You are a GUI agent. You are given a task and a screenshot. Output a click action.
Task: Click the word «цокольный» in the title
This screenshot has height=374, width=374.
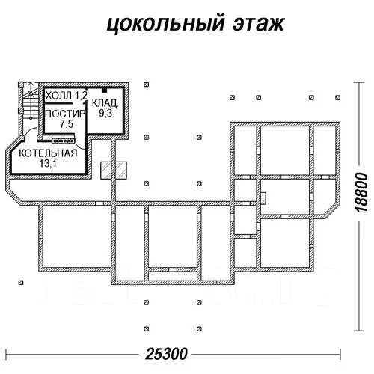click(165, 24)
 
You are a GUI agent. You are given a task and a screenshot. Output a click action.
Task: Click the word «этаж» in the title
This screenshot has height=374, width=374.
click(259, 24)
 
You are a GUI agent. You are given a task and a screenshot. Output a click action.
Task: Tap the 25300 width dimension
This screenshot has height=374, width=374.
click(166, 354)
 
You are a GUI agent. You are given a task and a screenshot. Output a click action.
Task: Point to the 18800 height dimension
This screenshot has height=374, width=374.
click(361, 192)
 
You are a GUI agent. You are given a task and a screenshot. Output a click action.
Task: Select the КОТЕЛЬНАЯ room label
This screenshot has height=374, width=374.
click(48, 153)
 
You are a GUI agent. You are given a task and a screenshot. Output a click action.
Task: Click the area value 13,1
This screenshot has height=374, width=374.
click(48, 164)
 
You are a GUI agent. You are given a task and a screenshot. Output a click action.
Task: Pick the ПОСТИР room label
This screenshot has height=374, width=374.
click(65, 114)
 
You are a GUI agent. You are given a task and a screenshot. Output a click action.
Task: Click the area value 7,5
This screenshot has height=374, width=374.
click(67, 124)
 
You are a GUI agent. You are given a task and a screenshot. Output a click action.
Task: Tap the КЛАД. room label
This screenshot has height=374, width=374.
click(105, 103)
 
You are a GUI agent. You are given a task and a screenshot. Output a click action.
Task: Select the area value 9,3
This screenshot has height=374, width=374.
click(105, 113)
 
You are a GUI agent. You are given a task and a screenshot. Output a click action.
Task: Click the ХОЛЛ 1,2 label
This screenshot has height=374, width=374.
click(67, 95)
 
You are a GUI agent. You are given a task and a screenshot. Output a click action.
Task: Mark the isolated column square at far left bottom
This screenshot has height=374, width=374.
click(21, 283)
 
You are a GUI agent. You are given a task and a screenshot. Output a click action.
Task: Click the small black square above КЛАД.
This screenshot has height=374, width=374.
click(105, 90)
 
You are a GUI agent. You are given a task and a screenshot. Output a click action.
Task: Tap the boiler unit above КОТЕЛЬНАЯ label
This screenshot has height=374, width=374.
click(63, 141)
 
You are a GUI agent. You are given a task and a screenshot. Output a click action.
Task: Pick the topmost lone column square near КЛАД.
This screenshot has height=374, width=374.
click(147, 85)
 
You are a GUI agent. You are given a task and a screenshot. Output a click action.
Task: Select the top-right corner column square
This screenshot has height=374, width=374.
click(338, 97)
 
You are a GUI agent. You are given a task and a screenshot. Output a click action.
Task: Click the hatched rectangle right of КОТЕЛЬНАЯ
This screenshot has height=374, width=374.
click(114, 171)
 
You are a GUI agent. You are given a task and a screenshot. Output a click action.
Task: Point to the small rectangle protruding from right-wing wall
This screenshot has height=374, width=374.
click(263, 198)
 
